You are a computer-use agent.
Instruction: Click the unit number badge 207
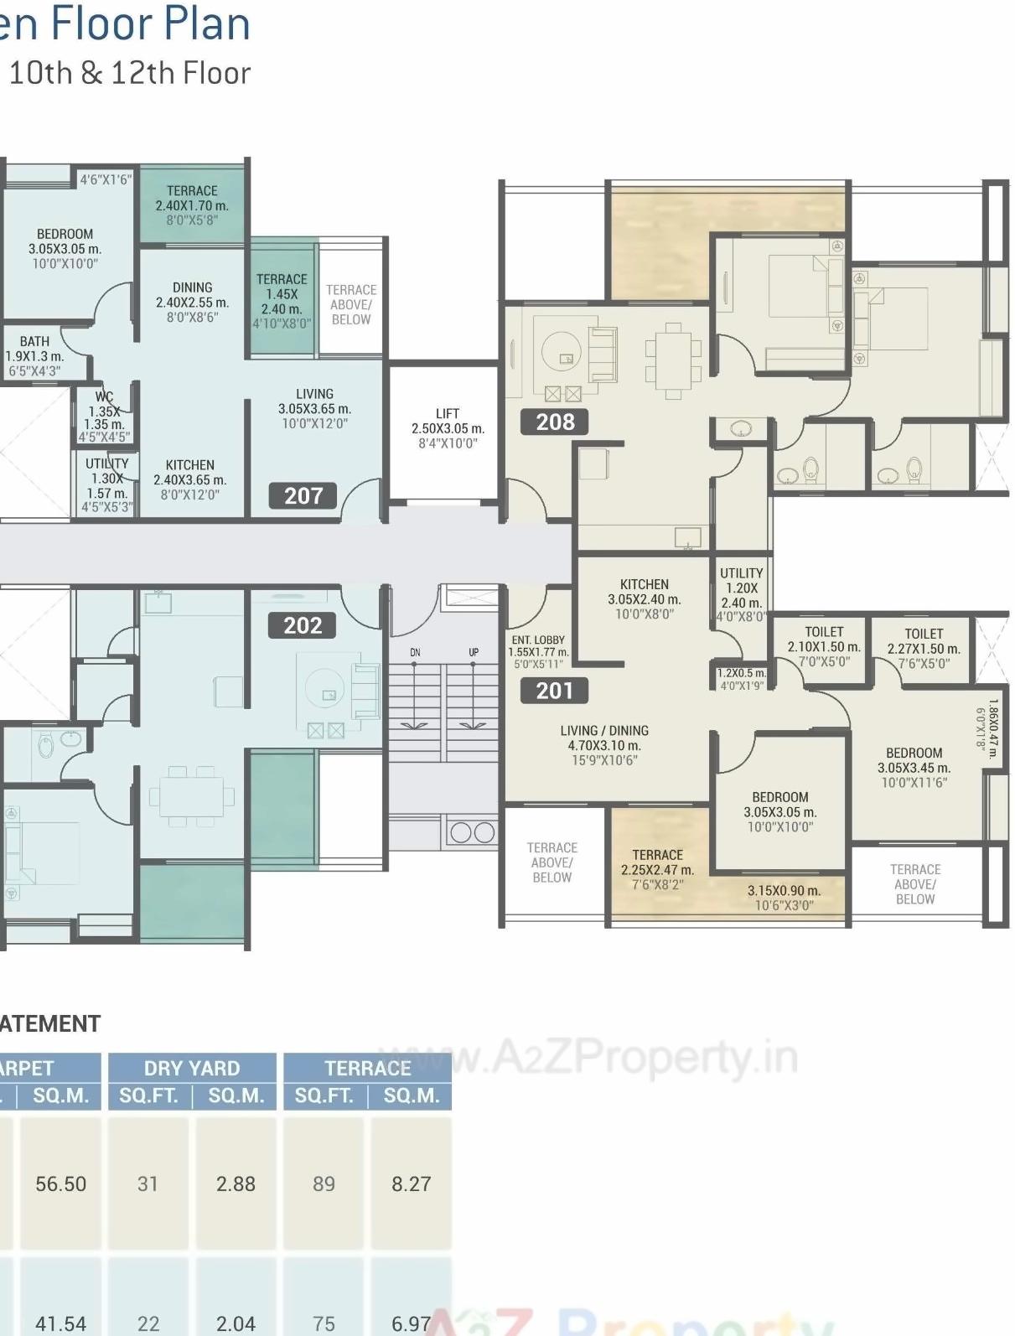303,495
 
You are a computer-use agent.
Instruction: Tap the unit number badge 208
555,422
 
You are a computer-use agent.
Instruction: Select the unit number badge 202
303,625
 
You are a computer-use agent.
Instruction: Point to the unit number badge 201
554,691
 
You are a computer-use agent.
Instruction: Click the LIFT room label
448,413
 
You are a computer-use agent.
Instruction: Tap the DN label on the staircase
415,652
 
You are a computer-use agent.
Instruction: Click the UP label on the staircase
474,652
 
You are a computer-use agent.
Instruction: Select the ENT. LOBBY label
538,640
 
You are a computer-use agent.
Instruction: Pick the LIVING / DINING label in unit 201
604,730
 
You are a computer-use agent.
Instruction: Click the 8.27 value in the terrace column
411,1183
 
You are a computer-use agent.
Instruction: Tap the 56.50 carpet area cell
60,1183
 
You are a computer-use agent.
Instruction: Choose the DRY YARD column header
192,1068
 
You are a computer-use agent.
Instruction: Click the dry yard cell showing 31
148,1183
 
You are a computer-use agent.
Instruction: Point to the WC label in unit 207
104,396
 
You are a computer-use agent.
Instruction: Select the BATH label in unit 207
34,341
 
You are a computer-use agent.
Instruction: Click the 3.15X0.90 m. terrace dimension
784,890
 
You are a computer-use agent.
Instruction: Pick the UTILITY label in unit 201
741,573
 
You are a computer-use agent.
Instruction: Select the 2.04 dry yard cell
236,1323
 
